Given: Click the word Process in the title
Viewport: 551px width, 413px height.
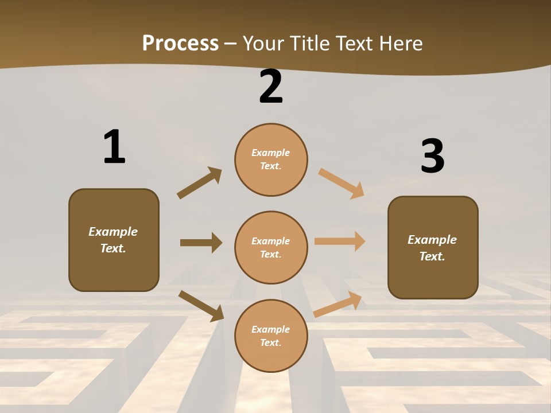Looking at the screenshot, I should (180, 43).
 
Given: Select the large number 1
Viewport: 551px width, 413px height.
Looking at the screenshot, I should (114, 147).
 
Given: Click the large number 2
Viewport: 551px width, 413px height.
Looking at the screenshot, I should (271, 87).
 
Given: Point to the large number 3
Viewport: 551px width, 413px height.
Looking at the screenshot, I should (432, 156).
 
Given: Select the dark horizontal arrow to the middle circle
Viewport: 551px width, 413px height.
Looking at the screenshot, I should (201, 243).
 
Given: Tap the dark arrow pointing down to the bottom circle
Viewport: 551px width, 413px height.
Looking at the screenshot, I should (201, 306).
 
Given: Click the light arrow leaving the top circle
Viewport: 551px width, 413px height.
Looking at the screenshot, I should (341, 183).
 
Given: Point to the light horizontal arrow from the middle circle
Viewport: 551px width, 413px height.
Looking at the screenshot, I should (339, 241).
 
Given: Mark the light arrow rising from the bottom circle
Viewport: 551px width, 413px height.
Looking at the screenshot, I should (338, 305).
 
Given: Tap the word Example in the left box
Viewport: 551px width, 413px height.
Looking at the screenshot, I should (113, 232).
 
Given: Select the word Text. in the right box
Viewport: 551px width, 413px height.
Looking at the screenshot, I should (432, 256).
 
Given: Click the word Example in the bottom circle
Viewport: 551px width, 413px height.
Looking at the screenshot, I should (271, 329).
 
